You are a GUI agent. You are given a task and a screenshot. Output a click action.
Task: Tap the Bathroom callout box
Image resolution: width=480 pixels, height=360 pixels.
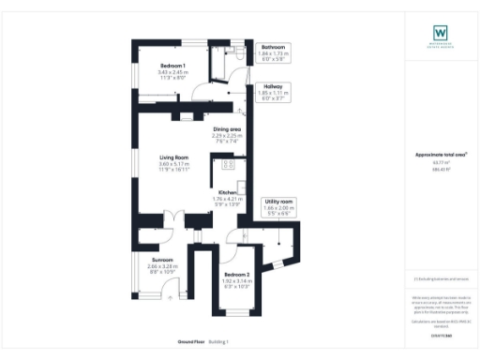coord(273,52)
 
